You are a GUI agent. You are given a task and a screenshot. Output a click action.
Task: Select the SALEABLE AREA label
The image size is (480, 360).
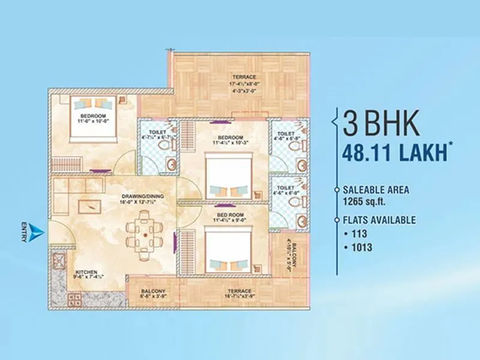(377, 189)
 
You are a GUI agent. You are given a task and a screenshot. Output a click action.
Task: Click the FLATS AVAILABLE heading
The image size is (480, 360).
(380, 220)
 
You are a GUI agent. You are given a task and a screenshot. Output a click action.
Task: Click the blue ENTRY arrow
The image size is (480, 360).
(37, 232)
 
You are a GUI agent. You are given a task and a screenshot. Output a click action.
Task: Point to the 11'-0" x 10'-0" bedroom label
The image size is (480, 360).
(94, 118)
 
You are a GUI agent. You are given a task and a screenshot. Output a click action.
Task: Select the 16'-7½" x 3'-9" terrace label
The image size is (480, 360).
(239, 294)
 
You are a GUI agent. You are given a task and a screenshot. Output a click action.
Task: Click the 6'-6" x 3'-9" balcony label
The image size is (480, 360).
(152, 294)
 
